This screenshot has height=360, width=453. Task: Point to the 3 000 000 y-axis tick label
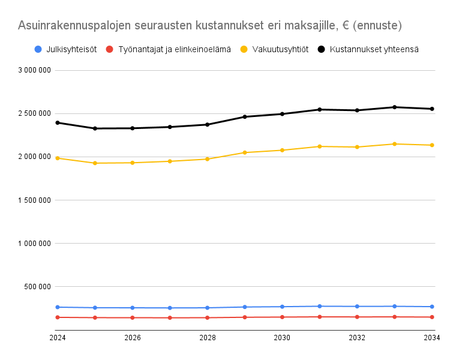point(34,70)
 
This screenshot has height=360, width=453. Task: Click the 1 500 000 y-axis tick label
point(34,200)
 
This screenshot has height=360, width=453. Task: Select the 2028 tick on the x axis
point(208,338)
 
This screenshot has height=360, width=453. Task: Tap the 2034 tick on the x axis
point(432,338)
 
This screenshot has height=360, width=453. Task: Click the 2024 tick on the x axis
point(58,338)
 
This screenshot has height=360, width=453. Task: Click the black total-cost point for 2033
point(395,107)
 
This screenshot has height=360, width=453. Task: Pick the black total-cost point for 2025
point(95,128)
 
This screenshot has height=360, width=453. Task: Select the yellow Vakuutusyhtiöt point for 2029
point(245,152)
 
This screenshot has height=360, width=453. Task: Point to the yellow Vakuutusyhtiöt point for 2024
point(58,158)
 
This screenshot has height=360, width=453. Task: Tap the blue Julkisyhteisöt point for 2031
point(320,306)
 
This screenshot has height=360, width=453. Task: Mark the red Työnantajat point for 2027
point(170,317)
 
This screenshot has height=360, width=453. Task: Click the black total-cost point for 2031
point(320,110)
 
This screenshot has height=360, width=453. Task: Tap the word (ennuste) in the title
point(378,26)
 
